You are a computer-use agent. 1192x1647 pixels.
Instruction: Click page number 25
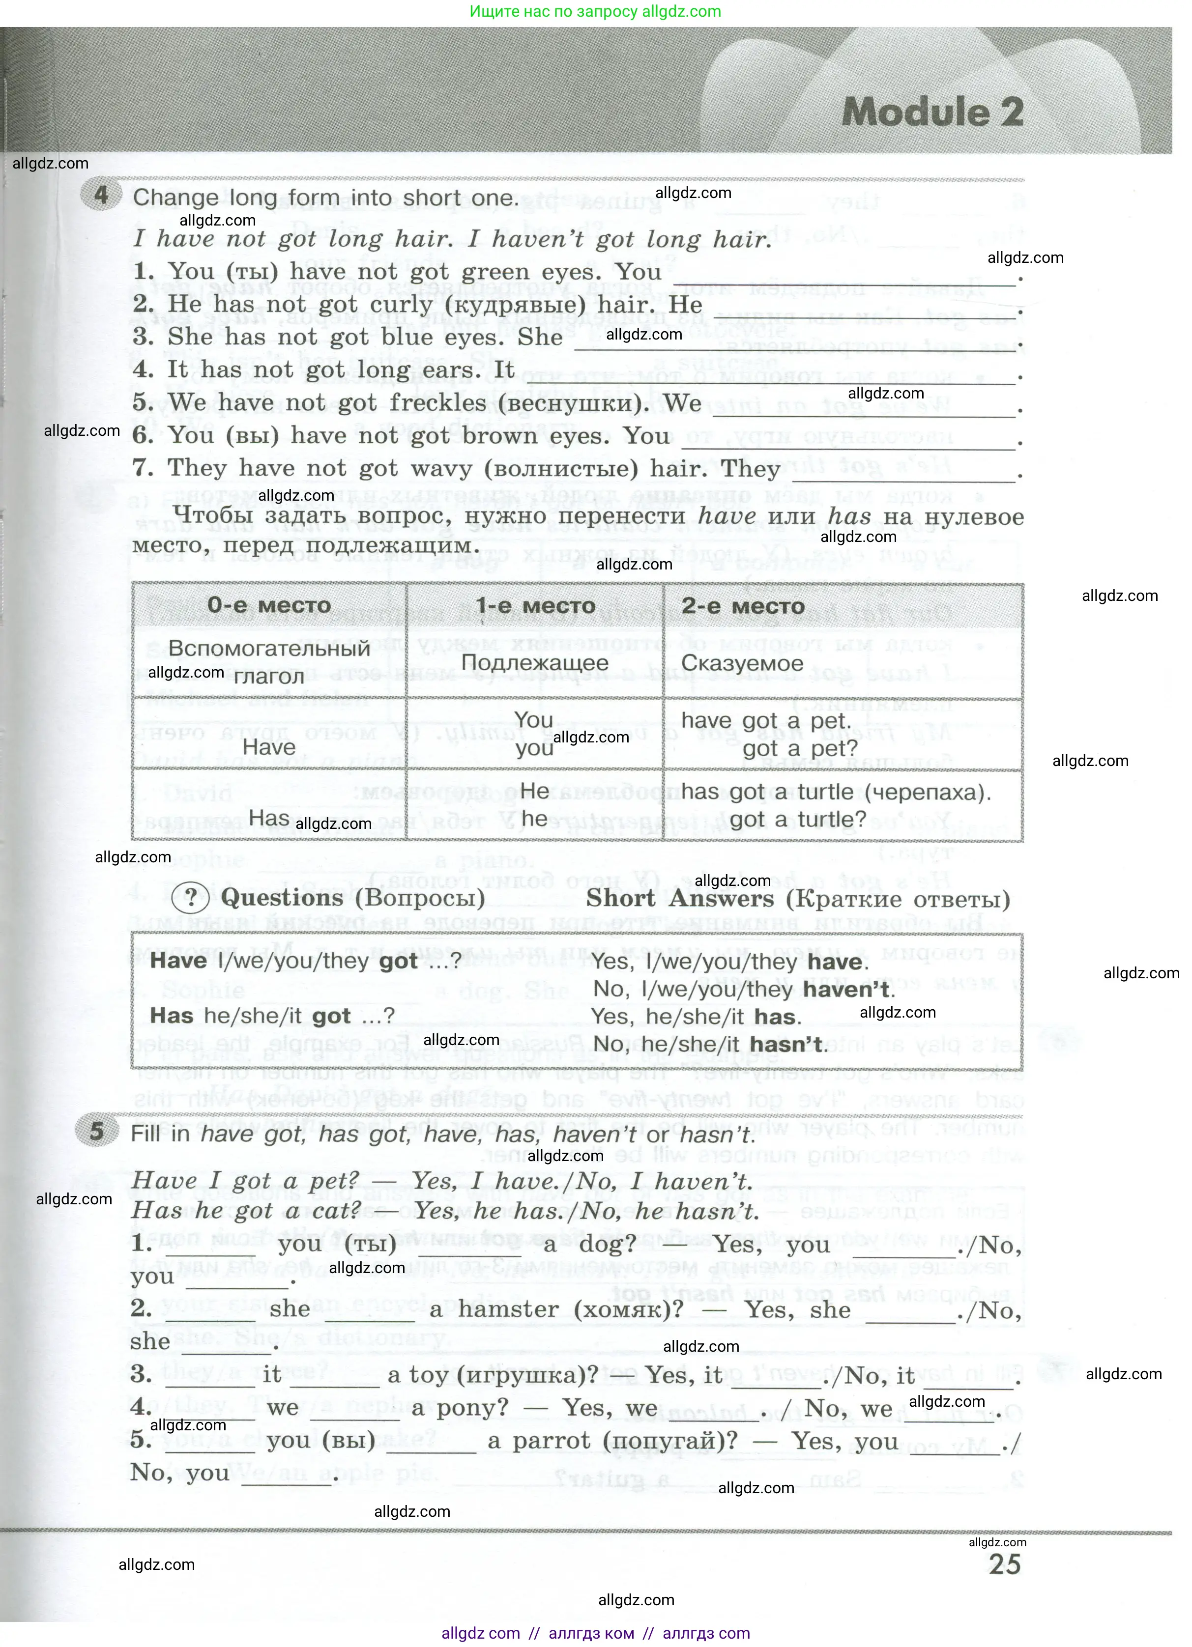point(1005,1563)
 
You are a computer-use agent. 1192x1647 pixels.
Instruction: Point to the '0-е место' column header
point(269,605)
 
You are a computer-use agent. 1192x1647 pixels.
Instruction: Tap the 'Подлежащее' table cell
point(535,662)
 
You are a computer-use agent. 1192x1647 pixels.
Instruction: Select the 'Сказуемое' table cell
point(742,663)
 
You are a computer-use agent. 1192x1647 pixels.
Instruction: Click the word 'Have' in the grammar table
point(269,747)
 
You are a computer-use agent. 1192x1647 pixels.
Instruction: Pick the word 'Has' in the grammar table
point(269,819)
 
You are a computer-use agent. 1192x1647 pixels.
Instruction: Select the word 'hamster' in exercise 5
point(508,1309)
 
